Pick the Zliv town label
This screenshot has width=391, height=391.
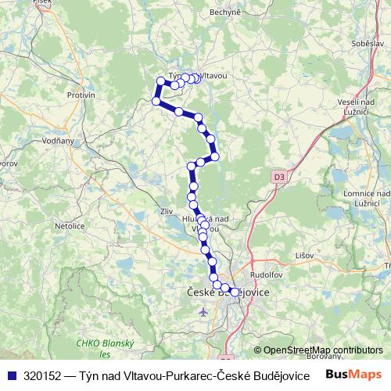(x=164, y=210)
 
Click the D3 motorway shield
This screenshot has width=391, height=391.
(x=279, y=178)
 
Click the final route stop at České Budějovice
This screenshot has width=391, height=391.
(x=234, y=292)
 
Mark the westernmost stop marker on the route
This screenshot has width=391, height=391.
(x=156, y=102)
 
